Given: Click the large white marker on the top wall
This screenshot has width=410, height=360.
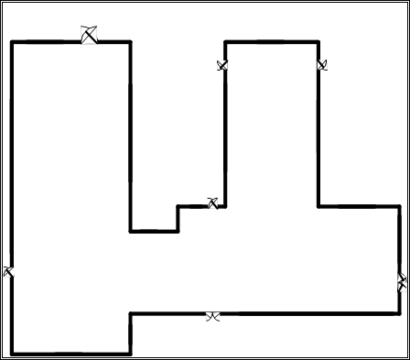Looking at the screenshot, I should pos(89,36).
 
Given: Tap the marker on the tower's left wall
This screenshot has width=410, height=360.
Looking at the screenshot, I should pos(221,65).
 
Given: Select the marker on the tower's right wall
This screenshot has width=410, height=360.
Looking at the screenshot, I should pos(321,65).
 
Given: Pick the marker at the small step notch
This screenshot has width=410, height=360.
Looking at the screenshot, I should pos(212,203).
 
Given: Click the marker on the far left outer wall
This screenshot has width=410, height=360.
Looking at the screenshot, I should pos(8,272).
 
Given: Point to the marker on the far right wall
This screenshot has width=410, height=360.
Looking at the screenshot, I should pos(402,282).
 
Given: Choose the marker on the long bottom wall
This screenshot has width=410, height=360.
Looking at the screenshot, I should pos(212,316).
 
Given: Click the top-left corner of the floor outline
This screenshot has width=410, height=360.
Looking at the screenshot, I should pos(12,41).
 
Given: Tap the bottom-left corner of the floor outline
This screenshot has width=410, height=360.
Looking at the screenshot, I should pos(12,354).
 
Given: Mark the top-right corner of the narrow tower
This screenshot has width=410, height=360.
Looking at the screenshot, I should pos(318,41).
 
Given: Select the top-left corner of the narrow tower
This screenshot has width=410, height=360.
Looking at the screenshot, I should pos(225,41).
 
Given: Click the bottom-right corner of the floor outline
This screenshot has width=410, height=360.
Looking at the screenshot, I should pos(400,314).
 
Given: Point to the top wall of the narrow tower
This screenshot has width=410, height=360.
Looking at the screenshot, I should pos(272,41).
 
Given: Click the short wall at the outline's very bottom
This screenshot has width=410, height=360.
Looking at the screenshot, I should pos(71,354).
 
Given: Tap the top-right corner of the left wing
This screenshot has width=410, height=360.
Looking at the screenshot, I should pos(130,41).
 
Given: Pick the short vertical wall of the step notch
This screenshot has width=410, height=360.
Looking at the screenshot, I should pos(178,218).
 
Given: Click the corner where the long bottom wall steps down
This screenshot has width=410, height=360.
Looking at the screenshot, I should pos(130,314).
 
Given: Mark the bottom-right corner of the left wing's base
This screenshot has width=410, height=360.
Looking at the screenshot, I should pos(130,354).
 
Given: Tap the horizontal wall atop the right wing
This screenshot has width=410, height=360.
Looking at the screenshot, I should pos(359,206).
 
